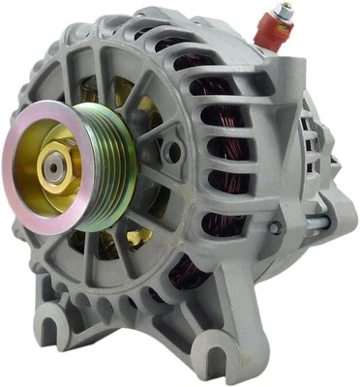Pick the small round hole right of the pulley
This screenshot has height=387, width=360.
(172, 152)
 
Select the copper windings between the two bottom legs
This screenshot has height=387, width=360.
(179, 276)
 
